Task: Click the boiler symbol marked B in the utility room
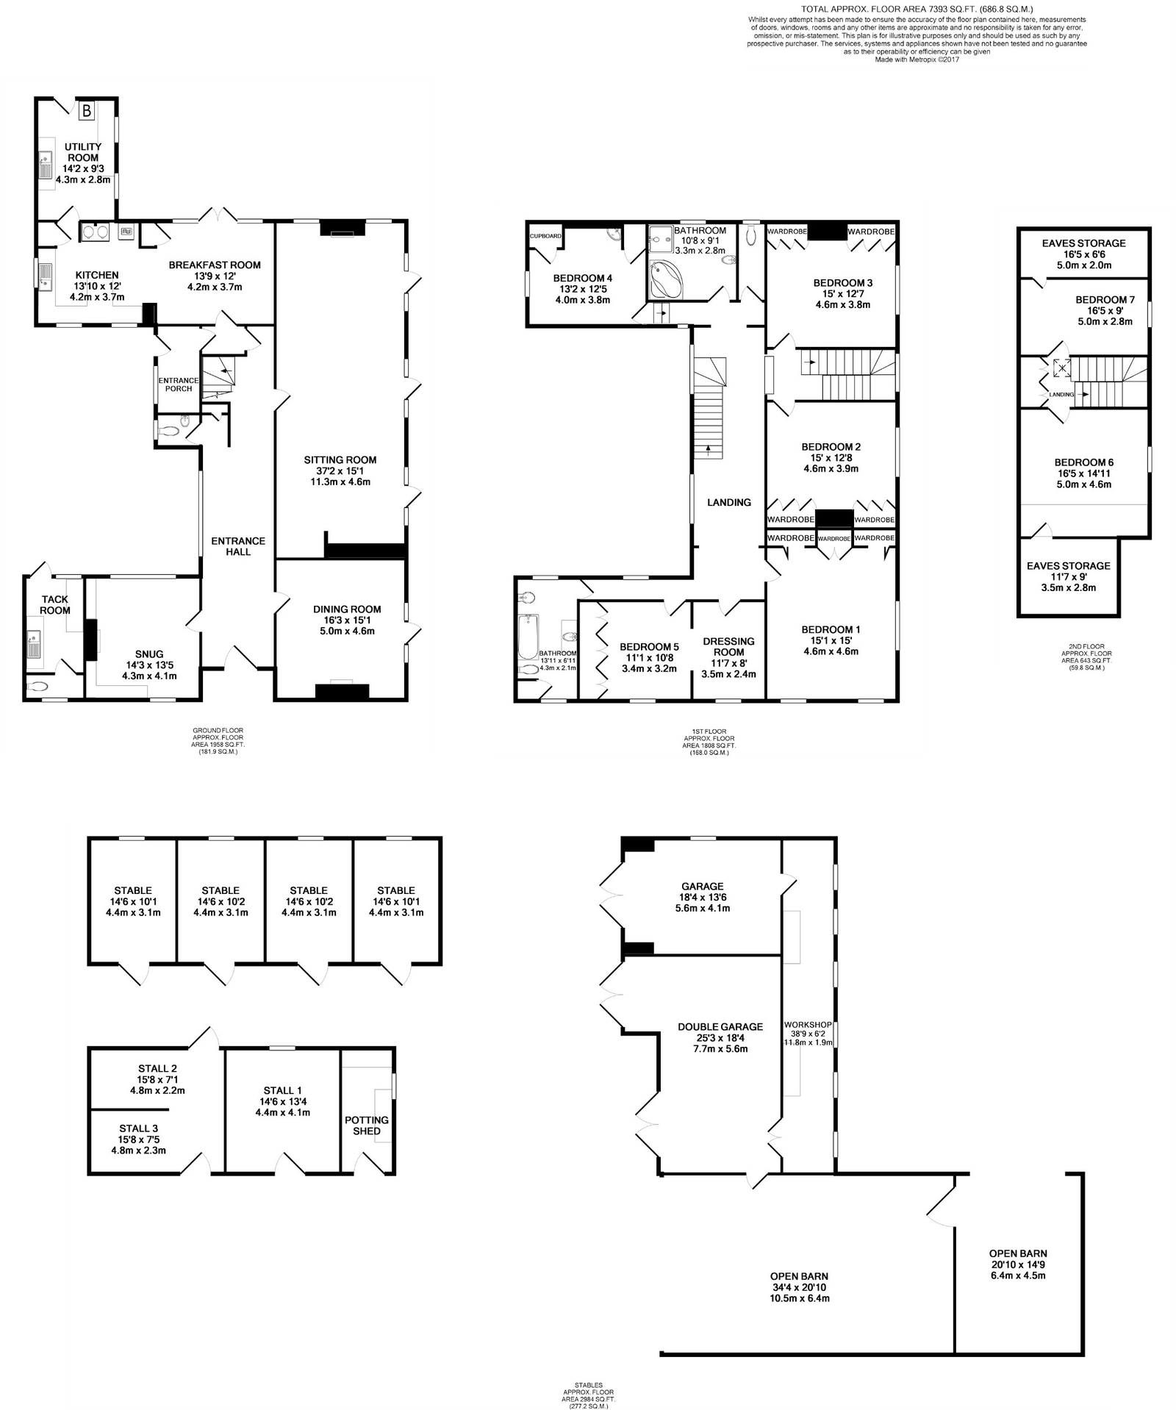click(87, 111)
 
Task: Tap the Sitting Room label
click(340, 460)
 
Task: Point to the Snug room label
click(149, 654)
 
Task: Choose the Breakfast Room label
click(215, 265)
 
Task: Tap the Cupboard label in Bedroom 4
click(546, 236)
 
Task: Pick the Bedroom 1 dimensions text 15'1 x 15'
click(831, 640)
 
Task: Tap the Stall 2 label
click(157, 1068)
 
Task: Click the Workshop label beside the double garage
click(808, 1024)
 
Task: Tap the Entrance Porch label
click(179, 384)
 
